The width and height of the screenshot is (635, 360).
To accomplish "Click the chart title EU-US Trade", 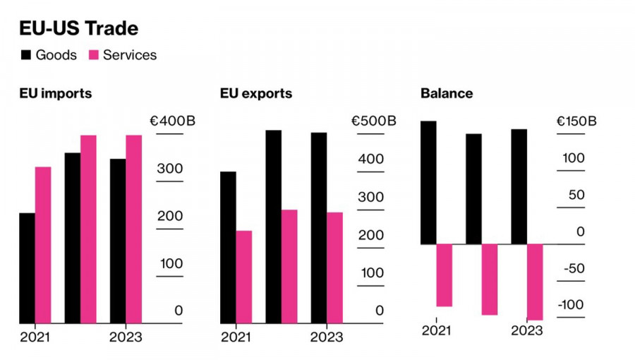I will point(78,28).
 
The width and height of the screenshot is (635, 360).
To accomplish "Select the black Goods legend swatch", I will point(26,55).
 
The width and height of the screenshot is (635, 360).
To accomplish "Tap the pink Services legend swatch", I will point(94,55).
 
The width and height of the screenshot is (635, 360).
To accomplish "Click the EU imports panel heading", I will point(55,93).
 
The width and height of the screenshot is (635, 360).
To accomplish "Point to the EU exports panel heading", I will point(255,93).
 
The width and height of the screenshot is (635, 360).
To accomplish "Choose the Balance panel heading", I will point(447,93).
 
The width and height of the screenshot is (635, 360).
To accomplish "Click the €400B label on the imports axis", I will point(172,121).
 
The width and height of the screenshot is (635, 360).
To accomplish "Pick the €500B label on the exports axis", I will point(373,121).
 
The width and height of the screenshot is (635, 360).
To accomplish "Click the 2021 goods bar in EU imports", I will point(27,268).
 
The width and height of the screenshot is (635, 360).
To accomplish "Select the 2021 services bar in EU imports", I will point(43,245).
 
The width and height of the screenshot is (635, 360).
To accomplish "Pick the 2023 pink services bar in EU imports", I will point(134,229).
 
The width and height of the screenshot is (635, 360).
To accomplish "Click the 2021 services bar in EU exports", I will point(244,277).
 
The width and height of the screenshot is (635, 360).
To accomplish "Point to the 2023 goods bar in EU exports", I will point(319,227).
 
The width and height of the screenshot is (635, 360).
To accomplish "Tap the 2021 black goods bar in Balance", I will point(428,183).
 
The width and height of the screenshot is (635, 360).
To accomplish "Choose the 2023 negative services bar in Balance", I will point(536,282).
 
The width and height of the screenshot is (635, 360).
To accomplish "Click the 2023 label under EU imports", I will point(125,337).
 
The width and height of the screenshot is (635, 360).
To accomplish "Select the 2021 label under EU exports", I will point(236,337).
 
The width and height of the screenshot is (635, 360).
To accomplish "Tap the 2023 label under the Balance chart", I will point(527,330).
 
